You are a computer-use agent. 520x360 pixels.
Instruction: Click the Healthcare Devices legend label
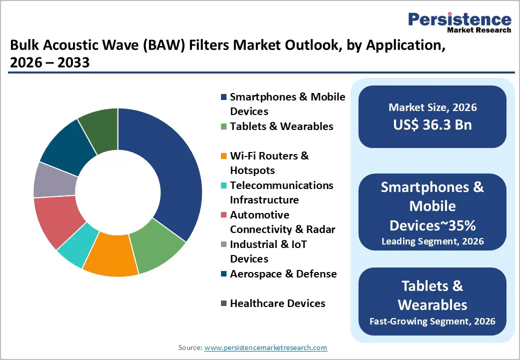click(277, 303)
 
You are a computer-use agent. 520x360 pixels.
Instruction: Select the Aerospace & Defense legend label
click(283, 274)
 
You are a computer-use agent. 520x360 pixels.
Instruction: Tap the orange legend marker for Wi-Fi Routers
click(224, 156)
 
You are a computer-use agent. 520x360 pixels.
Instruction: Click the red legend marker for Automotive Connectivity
click(224, 215)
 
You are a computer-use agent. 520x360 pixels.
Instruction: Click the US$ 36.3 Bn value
click(432, 124)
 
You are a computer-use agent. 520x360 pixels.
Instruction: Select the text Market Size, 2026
click(432, 107)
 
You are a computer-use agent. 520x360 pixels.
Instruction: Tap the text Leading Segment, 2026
click(432, 241)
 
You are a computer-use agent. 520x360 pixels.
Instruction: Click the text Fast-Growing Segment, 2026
click(432, 321)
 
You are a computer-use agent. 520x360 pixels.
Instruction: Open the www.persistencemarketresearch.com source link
click(265, 347)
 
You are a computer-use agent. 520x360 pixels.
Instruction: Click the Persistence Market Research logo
click(459, 22)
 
